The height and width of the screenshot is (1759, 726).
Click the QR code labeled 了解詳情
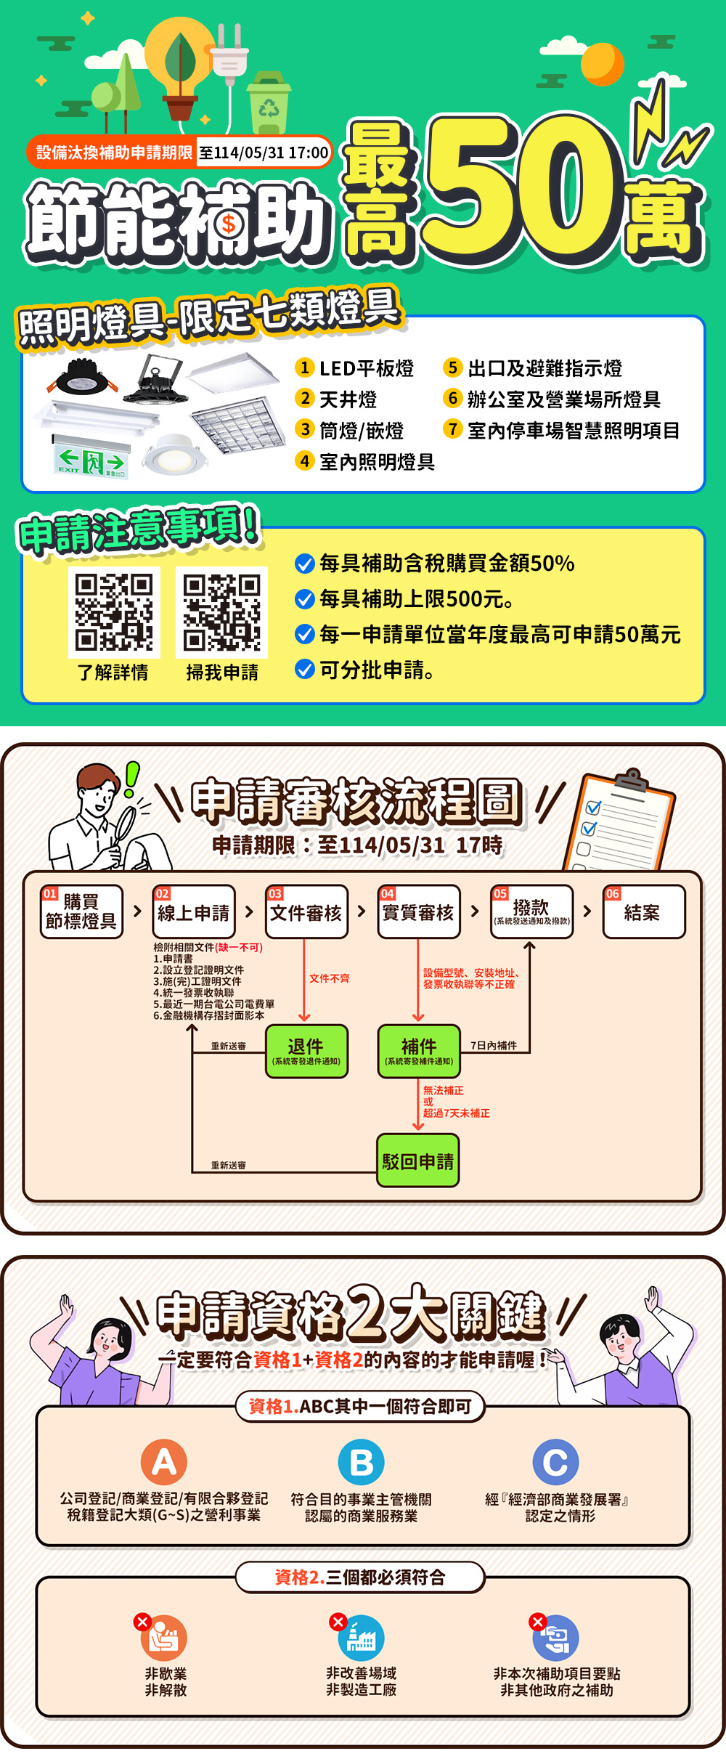click(x=114, y=612)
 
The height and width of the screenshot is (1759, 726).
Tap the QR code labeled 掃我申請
click(x=221, y=612)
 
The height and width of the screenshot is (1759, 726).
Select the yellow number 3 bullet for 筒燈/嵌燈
click(x=305, y=429)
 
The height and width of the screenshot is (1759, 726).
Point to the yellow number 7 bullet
click(x=453, y=429)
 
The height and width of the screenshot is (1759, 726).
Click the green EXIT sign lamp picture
click(x=92, y=459)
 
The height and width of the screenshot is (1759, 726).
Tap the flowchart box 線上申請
click(x=194, y=911)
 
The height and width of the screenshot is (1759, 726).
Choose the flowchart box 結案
click(x=643, y=911)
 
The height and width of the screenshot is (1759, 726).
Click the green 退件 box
click(x=306, y=1050)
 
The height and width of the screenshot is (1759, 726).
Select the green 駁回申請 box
click(x=418, y=1161)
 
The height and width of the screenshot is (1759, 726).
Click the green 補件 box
click(x=419, y=1050)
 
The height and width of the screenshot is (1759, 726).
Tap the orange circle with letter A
click(x=164, y=1461)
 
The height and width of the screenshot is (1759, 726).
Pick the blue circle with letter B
click(x=362, y=1462)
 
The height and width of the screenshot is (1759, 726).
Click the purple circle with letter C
click(x=555, y=1462)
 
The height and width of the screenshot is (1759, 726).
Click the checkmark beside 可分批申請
click(x=304, y=670)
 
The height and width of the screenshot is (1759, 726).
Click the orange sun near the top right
click(x=602, y=63)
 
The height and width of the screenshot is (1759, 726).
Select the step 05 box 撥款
click(x=531, y=911)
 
